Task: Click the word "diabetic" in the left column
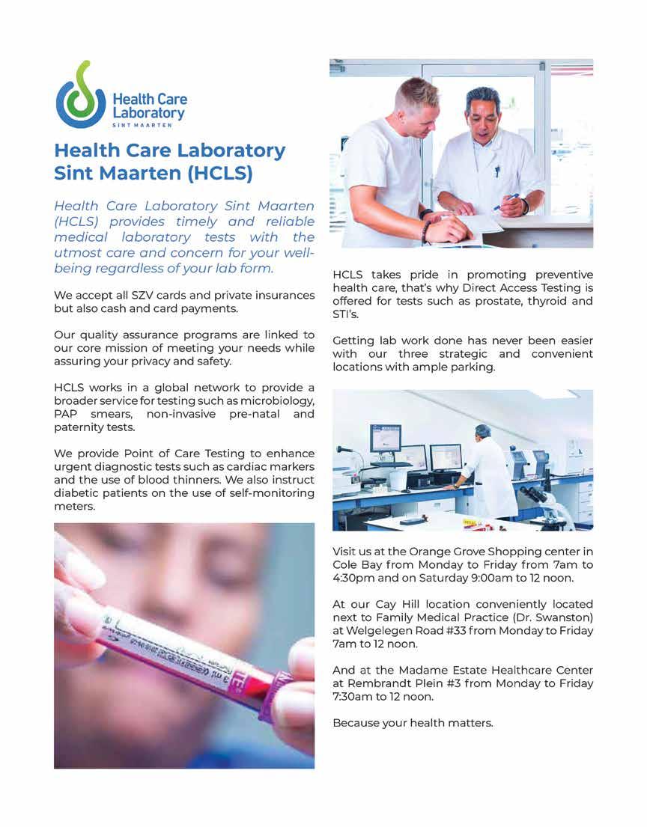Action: pyautogui.click(x=79, y=493)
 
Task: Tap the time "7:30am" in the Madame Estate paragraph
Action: pyautogui.click(x=354, y=697)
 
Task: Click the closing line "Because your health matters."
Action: pyautogui.click(x=413, y=724)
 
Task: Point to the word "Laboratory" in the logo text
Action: pyautogui.click(x=148, y=112)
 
